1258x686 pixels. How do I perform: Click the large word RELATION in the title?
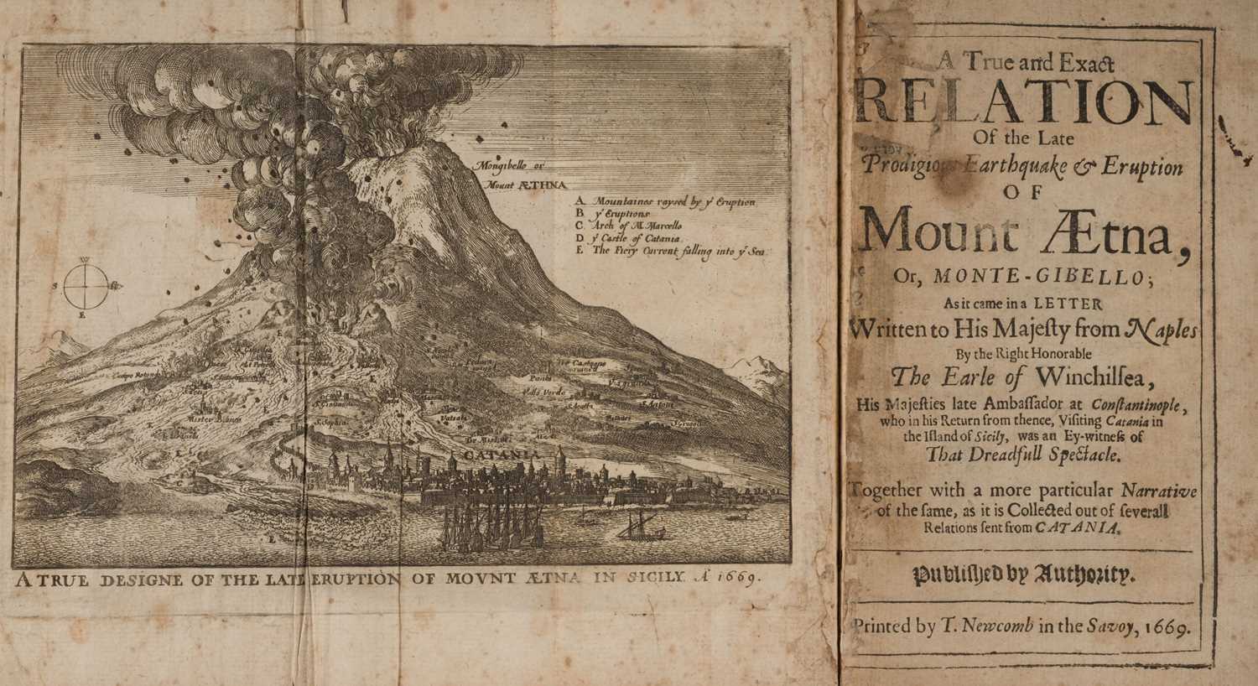coord(1026,102)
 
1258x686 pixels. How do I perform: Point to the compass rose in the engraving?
coord(86,285)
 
